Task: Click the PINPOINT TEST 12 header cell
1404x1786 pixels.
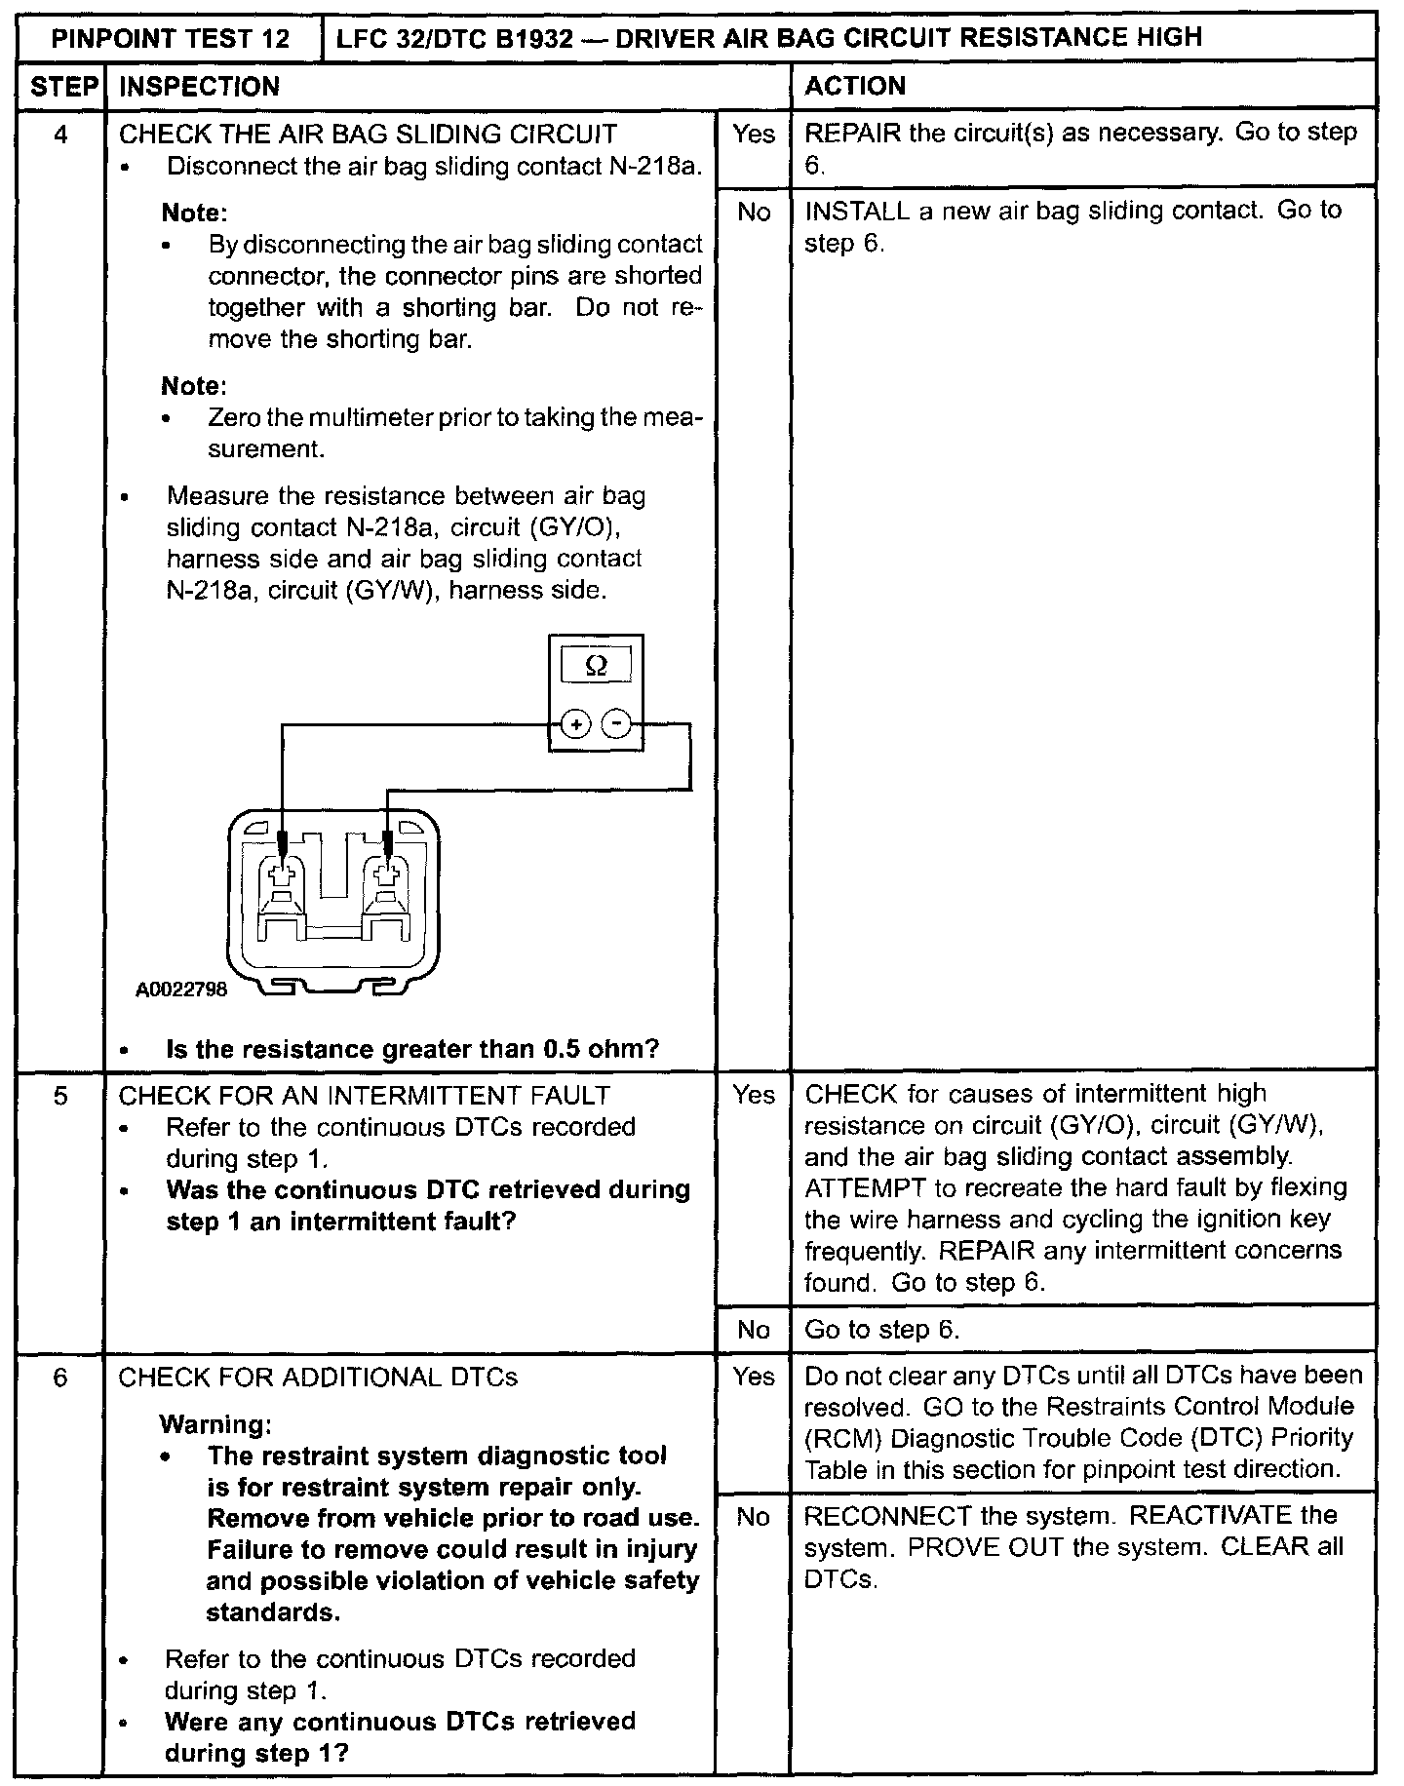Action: [x=171, y=39]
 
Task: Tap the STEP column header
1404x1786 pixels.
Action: [x=60, y=87]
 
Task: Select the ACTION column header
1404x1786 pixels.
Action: [x=855, y=87]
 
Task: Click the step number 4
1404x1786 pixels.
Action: [x=60, y=134]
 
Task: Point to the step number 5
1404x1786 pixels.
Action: [x=60, y=1096]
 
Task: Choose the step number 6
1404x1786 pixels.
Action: [x=60, y=1377]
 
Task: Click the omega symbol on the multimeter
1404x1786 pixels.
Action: [x=596, y=667]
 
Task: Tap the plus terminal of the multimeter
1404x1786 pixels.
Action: [x=576, y=724]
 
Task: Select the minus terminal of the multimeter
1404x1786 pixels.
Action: [x=616, y=724]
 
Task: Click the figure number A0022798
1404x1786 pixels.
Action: [x=181, y=990]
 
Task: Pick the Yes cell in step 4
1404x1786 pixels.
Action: [x=753, y=134]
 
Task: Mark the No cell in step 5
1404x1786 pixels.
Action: [x=753, y=1330]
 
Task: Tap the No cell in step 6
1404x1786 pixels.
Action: [x=753, y=1517]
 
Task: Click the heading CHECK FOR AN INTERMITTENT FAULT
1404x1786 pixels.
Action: [x=364, y=1096]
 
